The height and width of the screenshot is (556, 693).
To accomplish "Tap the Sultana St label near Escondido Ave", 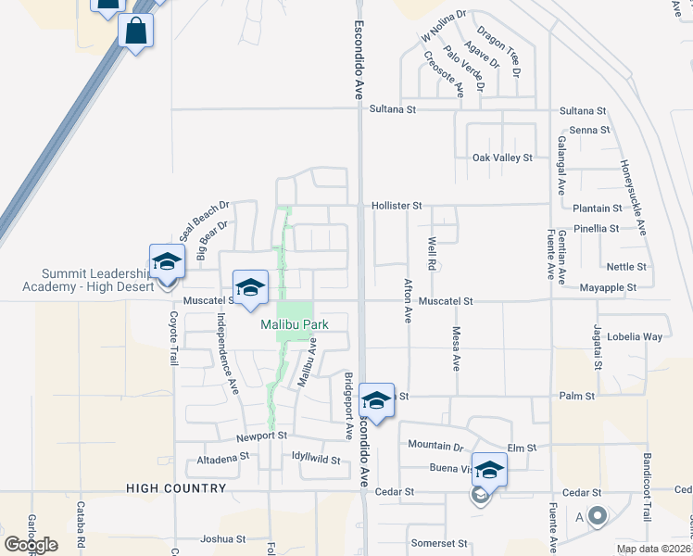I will [394, 109].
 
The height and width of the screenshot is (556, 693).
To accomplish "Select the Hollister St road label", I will [397, 206].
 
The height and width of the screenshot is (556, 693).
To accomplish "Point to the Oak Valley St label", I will [502, 158].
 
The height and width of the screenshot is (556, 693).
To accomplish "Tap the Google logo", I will [31, 545].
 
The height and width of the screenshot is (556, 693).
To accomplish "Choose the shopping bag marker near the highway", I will [136, 32].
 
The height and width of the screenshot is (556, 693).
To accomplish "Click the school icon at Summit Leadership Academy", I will [168, 262].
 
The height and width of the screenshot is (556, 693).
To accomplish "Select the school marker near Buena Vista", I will [489, 470].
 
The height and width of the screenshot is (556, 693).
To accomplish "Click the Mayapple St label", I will [608, 288].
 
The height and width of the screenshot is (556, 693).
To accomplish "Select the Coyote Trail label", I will [172, 337].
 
